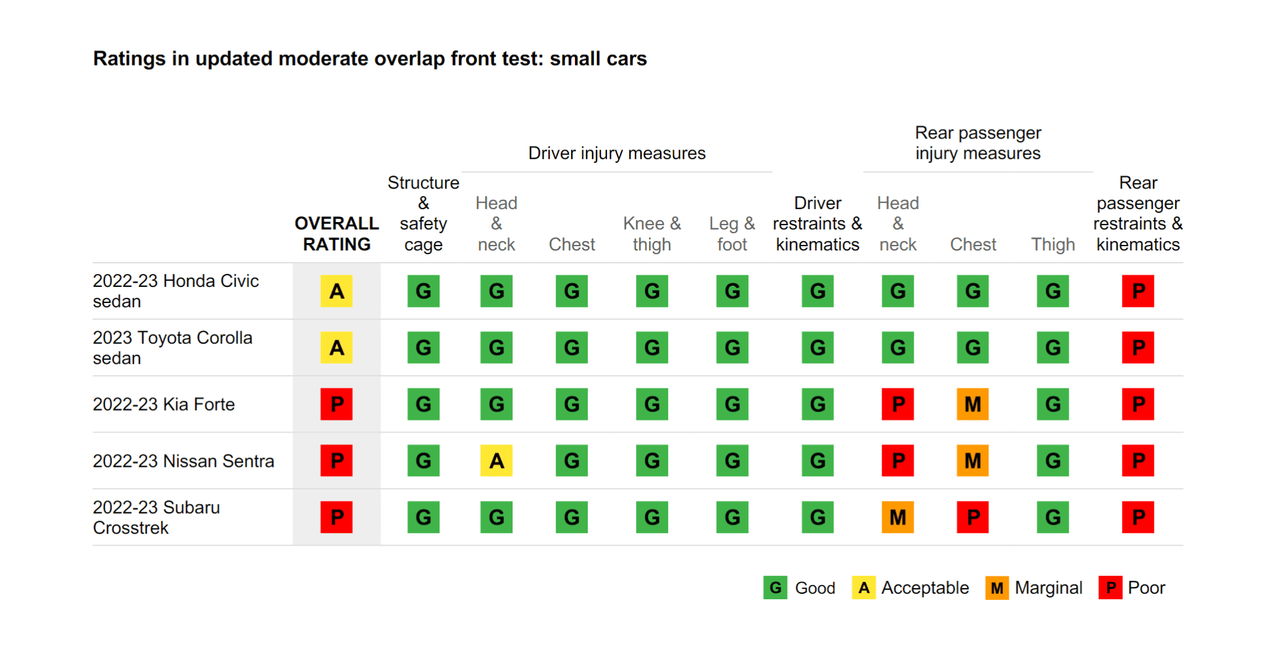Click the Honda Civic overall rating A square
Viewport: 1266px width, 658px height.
point(336,291)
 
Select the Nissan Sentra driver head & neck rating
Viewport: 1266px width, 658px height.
point(496,461)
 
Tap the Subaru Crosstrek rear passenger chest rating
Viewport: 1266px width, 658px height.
point(972,517)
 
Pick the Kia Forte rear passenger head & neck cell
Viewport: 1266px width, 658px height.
point(898,404)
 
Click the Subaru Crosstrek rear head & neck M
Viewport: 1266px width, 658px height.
point(898,517)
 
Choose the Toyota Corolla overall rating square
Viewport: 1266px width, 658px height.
point(336,348)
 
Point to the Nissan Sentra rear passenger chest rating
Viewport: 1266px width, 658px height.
point(972,461)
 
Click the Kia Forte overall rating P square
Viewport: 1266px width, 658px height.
point(336,404)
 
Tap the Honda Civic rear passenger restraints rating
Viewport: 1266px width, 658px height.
point(1138,291)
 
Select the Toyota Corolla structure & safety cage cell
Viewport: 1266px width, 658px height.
point(423,348)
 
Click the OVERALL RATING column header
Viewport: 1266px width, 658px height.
point(336,234)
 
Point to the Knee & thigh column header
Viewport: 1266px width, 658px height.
point(652,234)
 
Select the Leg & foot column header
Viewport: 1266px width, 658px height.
point(732,234)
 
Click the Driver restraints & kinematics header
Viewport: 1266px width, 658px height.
point(817,224)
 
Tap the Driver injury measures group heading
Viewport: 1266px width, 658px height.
point(616,153)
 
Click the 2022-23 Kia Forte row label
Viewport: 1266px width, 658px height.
point(164,404)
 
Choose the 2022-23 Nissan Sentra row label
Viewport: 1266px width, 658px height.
point(183,461)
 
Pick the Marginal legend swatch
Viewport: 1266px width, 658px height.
point(996,587)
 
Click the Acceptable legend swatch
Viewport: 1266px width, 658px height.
point(864,587)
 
